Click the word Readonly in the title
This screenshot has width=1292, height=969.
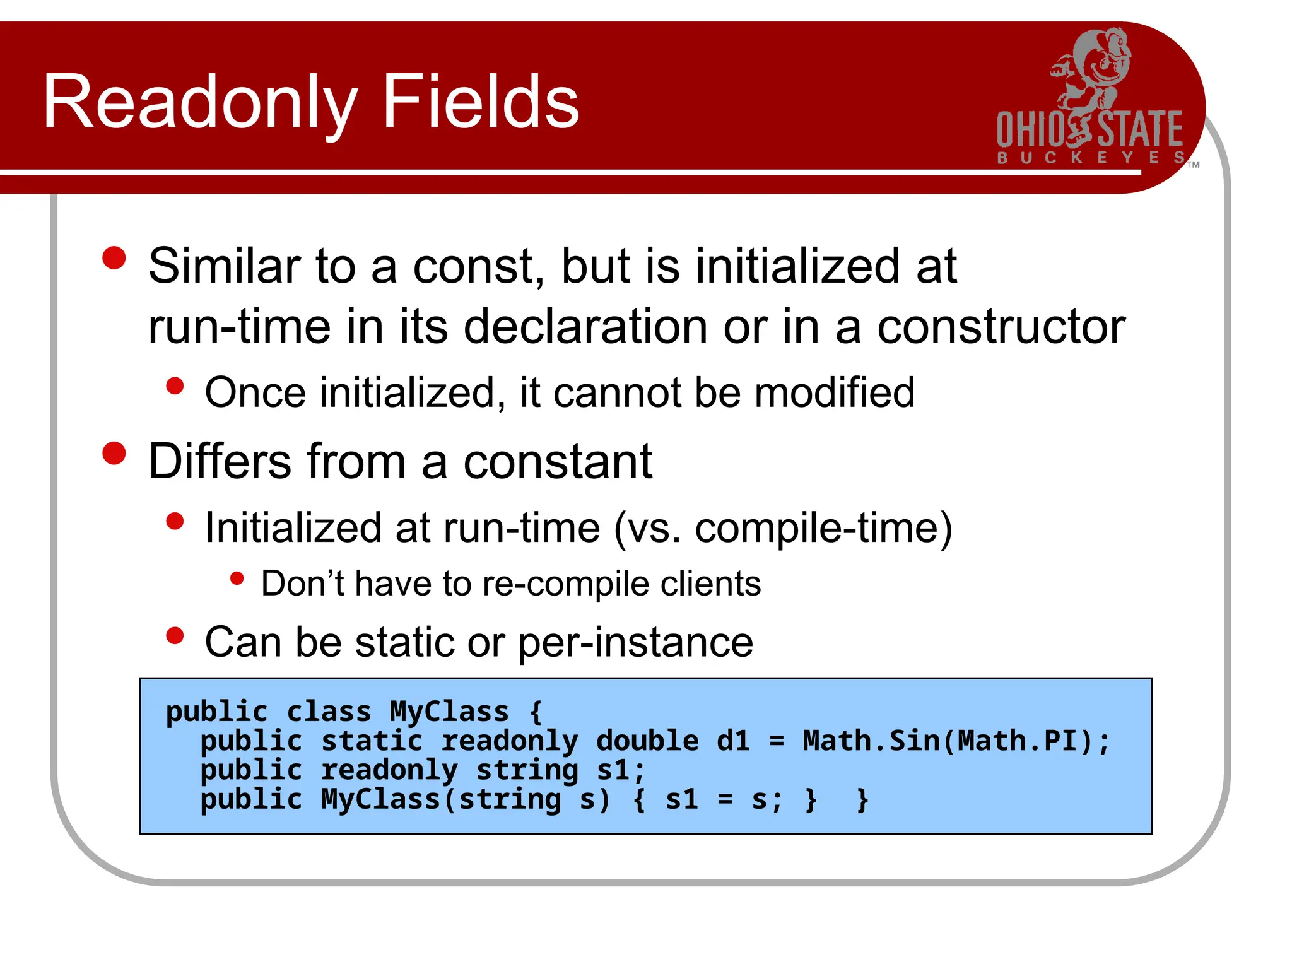coord(199,102)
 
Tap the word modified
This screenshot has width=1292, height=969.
coord(834,392)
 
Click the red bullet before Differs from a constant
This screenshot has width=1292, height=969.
coord(114,454)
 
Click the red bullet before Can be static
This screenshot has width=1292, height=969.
coord(175,636)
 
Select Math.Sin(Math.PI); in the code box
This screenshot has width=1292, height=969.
coord(955,741)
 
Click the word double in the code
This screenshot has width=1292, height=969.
coord(647,741)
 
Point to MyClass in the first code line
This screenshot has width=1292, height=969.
coord(449,712)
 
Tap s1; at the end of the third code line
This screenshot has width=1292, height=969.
coord(621,770)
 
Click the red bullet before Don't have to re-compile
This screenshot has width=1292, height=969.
coord(237,578)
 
